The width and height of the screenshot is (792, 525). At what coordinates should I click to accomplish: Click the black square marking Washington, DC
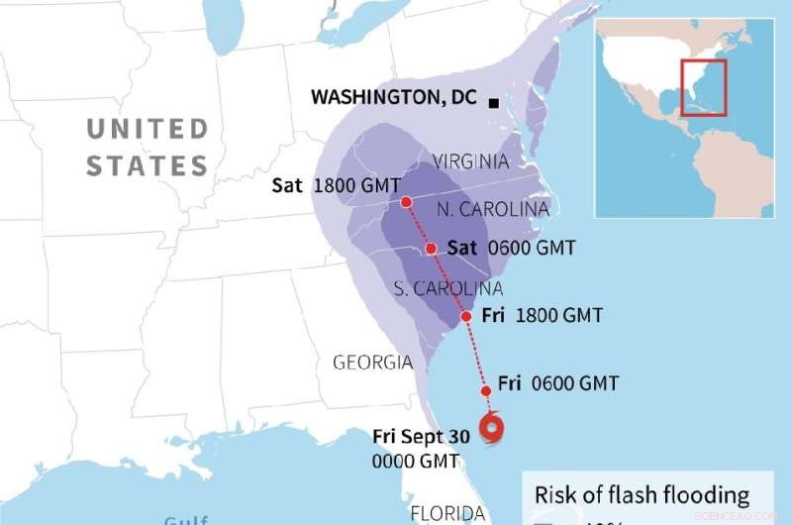[493, 102]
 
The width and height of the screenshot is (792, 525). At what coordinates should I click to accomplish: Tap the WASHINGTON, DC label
[393, 97]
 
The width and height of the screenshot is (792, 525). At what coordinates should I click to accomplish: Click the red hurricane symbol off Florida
[492, 428]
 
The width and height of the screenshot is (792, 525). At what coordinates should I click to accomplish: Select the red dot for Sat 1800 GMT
[406, 202]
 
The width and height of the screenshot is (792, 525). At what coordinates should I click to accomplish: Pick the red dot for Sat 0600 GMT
[432, 249]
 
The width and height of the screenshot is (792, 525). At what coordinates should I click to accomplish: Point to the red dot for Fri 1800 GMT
[466, 317]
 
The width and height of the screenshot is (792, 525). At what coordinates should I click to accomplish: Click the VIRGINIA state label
[471, 161]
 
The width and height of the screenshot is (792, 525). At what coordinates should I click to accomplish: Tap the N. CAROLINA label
[492, 210]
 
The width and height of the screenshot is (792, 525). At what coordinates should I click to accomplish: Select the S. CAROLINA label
[448, 289]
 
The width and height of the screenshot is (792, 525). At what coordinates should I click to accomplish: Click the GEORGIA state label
[372, 363]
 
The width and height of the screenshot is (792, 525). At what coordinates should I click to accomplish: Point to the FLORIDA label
[447, 514]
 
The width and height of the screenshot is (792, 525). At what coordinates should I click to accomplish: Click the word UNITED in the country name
[147, 130]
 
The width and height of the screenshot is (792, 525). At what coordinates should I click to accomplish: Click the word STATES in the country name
[147, 165]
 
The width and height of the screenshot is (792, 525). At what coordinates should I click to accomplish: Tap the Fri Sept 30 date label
[421, 437]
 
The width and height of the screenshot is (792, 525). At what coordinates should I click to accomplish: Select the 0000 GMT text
[415, 462]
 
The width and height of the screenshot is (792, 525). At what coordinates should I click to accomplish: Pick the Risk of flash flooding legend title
[642, 495]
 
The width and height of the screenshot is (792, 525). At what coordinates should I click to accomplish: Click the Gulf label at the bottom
[186, 519]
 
